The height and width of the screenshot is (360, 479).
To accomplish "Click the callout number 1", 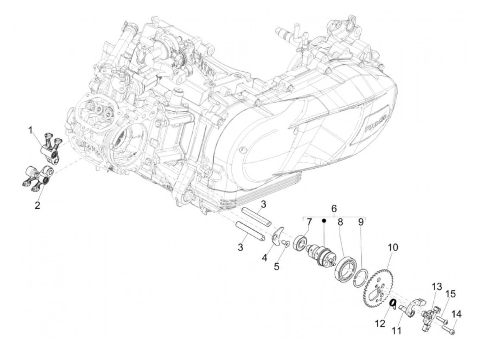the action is (x=30, y=130).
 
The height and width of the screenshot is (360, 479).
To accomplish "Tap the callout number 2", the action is (x=37, y=205).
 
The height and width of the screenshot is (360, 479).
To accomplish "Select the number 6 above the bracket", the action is (x=334, y=208).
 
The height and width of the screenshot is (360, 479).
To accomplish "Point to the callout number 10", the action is (x=393, y=247).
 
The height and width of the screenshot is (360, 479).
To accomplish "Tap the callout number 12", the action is (x=380, y=323).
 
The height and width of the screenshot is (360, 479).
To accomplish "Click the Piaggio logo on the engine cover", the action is (x=375, y=124).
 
